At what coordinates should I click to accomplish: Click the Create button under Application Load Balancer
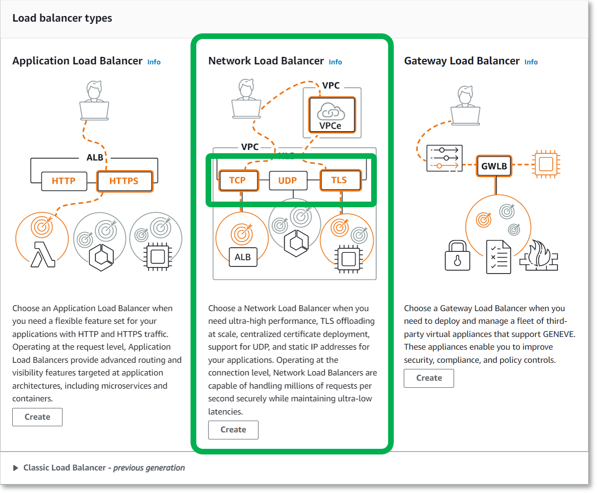pyautogui.click(x=37, y=417)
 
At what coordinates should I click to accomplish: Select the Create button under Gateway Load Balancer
pyautogui.click(x=429, y=378)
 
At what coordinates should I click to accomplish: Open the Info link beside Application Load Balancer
pyautogui.click(x=154, y=62)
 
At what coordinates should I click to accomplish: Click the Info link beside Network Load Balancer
pyautogui.click(x=335, y=62)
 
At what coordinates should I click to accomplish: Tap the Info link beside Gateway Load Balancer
pyautogui.click(x=531, y=62)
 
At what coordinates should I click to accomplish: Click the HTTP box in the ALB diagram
pyautogui.click(x=64, y=181)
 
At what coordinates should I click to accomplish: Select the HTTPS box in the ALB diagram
pyautogui.click(x=125, y=181)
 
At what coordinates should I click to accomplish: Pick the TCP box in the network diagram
pyautogui.click(x=238, y=180)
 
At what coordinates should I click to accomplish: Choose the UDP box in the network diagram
pyautogui.click(x=287, y=180)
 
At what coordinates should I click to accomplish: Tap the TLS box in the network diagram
pyautogui.click(x=340, y=180)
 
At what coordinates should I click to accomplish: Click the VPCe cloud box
pyautogui.click(x=331, y=115)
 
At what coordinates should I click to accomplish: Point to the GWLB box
pyautogui.click(x=494, y=166)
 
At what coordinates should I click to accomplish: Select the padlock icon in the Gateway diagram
pyautogui.click(x=457, y=256)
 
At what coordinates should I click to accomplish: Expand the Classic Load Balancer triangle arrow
pyautogui.click(x=16, y=468)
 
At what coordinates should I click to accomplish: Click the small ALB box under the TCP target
pyautogui.click(x=243, y=257)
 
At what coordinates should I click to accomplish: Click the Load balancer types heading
pyautogui.click(x=62, y=18)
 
